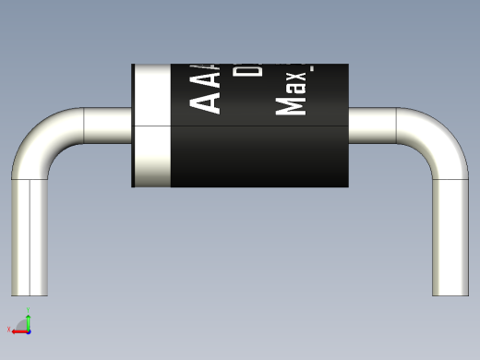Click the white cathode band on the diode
point(153,125)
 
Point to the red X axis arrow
point(18,329)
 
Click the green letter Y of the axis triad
point(28,313)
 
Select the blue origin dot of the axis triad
point(29,329)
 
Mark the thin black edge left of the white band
point(133,125)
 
